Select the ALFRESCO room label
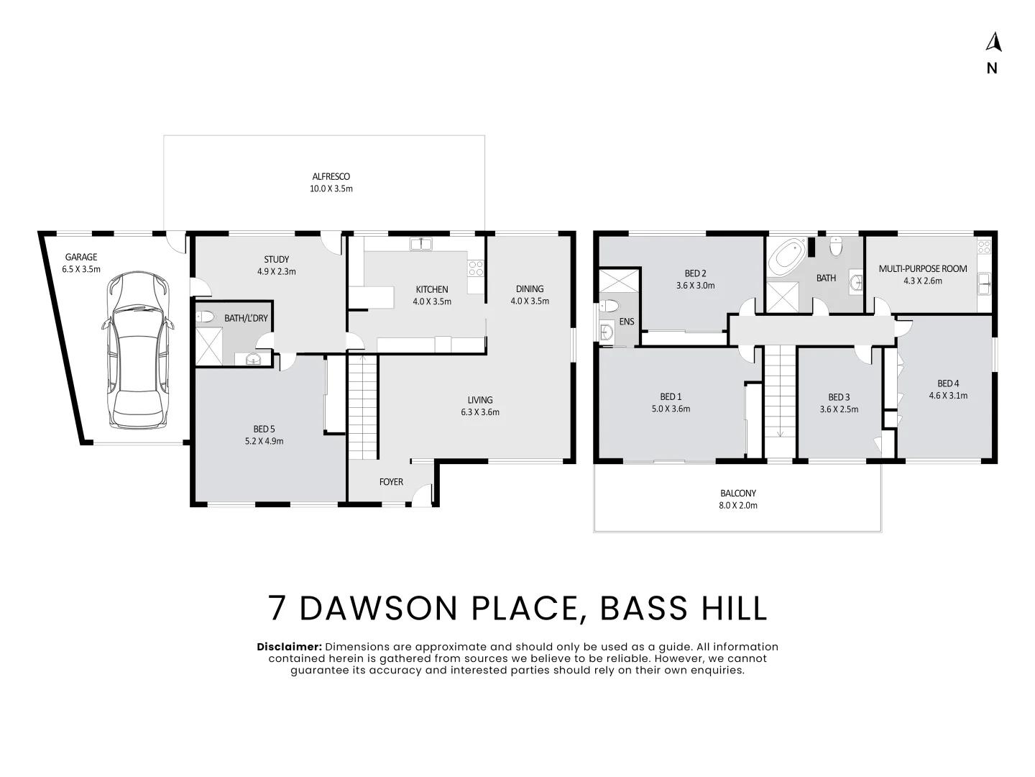pyautogui.click(x=331, y=176)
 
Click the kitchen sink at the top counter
pyautogui.click(x=421, y=243)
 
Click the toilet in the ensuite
pyautogui.click(x=609, y=306)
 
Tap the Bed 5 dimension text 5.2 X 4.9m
pyautogui.click(x=264, y=441)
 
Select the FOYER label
pyautogui.click(x=391, y=482)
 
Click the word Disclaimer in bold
pyautogui.click(x=289, y=647)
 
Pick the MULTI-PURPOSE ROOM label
pyautogui.click(x=923, y=268)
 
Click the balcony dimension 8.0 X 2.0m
pyautogui.click(x=738, y=505)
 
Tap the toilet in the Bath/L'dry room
pyautogui.click(x=205, y=317)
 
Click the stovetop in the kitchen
pyautogui.click(x=476, y=268)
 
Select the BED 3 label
pyautogui.click(x=839, y=397)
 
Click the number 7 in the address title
pyautogui.click(x=277, y=608)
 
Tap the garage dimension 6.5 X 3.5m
pyautogui.click(x=81, y=269)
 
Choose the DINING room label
pyautogui.click(x=530, y=288)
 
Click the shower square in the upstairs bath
pyautogui.click(x=783, y=296)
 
